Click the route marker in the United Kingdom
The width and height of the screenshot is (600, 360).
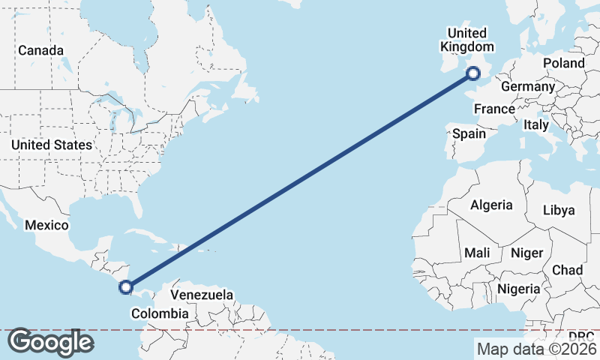coord(473,73)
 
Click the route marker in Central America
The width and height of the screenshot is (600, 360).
coord(126,286)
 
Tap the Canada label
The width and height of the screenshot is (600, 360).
coord(41,50)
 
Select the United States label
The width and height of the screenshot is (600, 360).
coord(52,145)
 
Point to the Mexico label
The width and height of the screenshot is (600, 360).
coord(46,225)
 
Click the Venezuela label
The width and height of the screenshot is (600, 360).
coord(202,295)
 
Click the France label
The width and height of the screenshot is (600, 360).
coord(494,109)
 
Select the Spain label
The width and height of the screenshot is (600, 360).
coord(469,134)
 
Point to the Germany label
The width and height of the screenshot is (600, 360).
coord(527,86)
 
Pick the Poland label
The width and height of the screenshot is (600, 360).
coord(563,63)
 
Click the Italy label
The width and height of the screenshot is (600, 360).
coord(536,124)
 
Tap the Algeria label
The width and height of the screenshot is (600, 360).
coord(491,205)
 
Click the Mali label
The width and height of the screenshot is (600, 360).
coord(477,253)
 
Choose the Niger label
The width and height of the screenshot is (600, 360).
coord(526,253)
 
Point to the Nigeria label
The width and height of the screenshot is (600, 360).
coord(518,288)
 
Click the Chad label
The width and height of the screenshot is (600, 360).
coord(567,269)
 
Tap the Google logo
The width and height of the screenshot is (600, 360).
coord(50,342)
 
